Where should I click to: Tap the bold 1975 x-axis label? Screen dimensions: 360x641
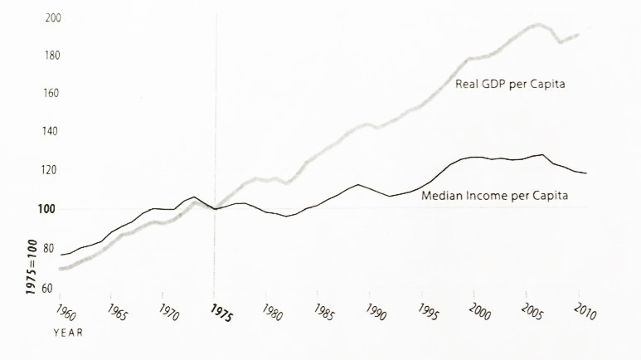pos(221,313)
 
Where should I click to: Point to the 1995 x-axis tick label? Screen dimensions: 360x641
pos(427,312)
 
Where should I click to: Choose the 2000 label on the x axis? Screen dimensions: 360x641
pos(480,312)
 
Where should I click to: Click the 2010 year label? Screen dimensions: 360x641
pos(585,312)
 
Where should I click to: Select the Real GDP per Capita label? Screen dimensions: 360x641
pos(510,84)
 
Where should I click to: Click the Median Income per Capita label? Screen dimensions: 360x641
pos(499,197)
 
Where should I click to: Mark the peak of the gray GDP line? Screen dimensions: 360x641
pos(537,25)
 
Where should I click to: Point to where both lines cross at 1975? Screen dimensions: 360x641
pos(215,209)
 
